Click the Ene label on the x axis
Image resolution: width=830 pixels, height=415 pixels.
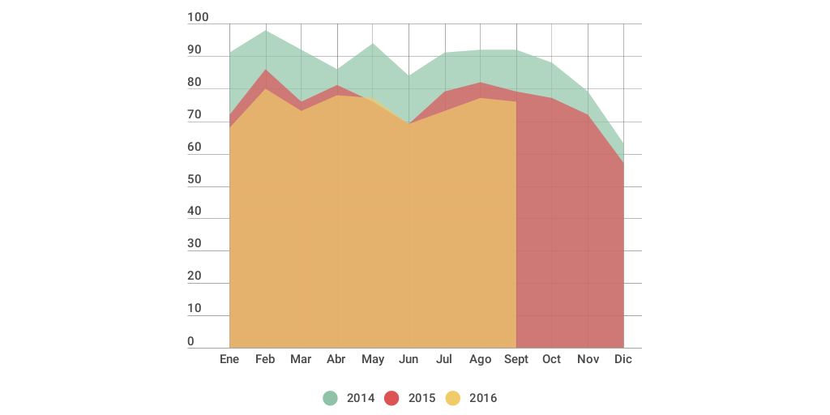tap(229, 359)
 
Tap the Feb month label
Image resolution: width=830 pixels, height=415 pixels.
tap(265, 359)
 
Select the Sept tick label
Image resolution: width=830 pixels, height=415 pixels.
tap(516, 359)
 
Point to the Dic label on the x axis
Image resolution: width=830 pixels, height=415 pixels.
tap(623, 359)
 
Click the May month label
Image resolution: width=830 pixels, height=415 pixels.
tap(373, 359)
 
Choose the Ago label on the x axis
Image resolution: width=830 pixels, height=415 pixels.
tap(481, 359)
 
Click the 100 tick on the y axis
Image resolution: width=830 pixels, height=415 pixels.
tap(198, 18)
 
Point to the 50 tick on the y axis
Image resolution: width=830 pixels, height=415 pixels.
tap(195, 180)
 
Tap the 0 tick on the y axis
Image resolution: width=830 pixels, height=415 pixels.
tap(191, 341)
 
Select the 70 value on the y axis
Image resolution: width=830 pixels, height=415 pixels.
tap(195, 115)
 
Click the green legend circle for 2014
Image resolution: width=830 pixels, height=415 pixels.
tap(330, 398)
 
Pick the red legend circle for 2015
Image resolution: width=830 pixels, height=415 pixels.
tap(391, 398)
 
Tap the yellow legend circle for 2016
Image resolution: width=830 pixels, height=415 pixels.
tap(453, 398)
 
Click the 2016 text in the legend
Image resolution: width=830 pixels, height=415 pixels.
tap(483, 398)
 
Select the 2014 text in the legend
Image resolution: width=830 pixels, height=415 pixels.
tap(361, 398)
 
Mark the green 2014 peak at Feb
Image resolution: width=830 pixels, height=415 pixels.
tap(265, 31)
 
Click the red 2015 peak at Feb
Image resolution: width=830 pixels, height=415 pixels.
tap(265, 70)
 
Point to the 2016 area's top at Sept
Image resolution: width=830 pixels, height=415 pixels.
tap(516, 102)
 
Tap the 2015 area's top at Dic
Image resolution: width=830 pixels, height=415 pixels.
tap(623, 163)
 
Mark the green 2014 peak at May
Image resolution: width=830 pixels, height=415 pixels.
tap(373, 44)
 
